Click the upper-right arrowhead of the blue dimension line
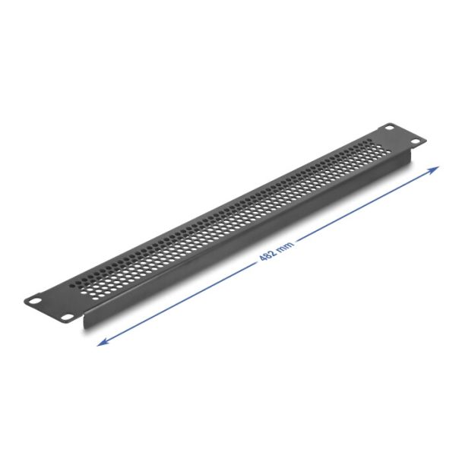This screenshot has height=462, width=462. pyautogui.click(x=434, y=170)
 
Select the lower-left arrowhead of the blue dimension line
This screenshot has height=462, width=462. pyautogui.click(x=103, y=342)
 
